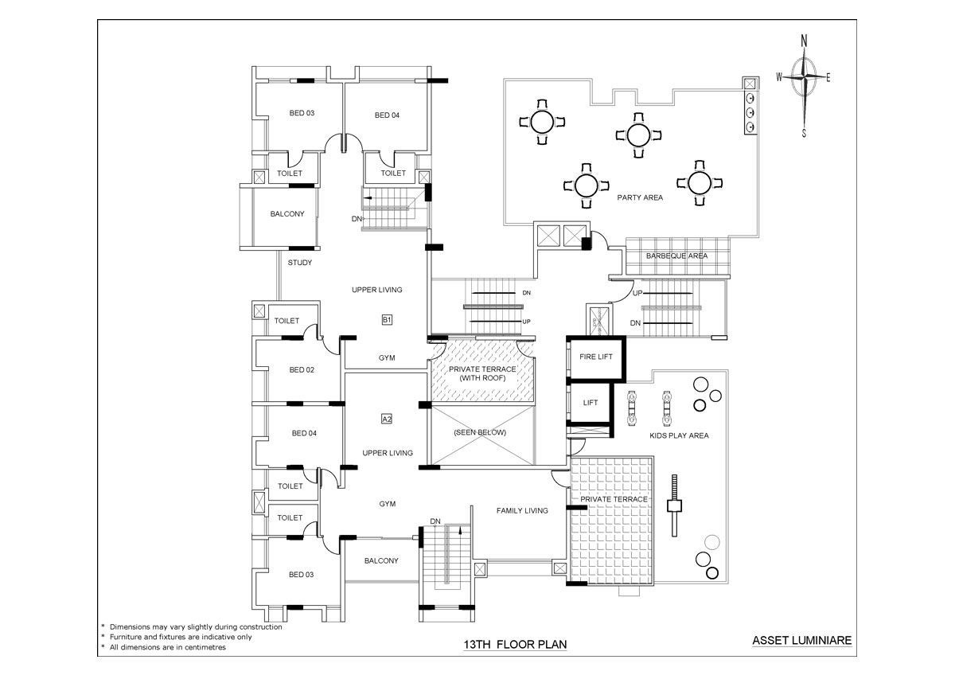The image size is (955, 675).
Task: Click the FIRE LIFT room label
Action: coord(595,357)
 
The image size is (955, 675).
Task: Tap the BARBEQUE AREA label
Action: coord(676,256)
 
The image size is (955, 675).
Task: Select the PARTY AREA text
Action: coord(640,197)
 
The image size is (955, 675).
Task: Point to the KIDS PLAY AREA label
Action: coord(679,435)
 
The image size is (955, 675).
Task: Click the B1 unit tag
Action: coord(387,320)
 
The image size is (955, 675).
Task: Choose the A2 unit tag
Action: coord(387,418)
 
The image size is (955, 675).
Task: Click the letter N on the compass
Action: coord(805,41)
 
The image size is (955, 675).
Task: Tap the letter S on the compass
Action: coord(804,134)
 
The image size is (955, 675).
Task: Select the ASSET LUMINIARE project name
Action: coord(802,640)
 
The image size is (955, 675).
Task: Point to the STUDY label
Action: coord(300,263)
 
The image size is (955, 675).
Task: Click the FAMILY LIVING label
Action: coord(522,511)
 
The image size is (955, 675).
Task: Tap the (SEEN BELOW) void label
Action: coord(480,432)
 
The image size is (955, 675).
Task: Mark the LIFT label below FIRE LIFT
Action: coord(590,403)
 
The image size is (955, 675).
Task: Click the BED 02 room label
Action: coord(302,370)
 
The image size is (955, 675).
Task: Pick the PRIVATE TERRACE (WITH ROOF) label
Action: coord(482,373)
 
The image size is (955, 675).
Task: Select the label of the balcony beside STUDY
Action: coord(287,214)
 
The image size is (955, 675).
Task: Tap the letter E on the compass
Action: coord(828,78)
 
